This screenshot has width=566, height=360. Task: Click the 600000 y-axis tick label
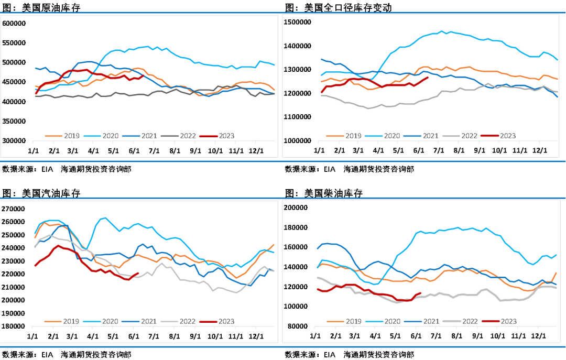pyautogui.click(x=14, y=24)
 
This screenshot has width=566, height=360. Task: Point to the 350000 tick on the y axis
pyautogui.click(x=14, y=121)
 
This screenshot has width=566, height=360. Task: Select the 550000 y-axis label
pyautogui.click(x=14, y=43)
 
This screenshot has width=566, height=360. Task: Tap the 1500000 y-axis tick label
pyautogui.click(x=298, y=22)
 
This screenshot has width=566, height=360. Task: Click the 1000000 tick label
pyautogui.click(x=298, y=141)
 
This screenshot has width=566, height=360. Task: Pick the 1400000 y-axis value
pyautogui.click(x=298, y=46)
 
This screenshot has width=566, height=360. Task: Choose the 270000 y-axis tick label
pyautogui.click(x=14, y=209)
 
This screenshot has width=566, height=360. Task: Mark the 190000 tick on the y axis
pyautogui.click(x=14, y=313)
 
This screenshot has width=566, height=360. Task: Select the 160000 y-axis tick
pyautogui.click(x=298, y=247)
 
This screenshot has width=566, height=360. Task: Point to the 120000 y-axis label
pyautogui.click(x=298, y=287)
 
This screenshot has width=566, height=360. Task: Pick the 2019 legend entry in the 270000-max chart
pyautogui.click(x=64, y=321)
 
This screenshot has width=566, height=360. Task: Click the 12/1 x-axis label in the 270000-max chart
pyautogui.click(x=256, y=335)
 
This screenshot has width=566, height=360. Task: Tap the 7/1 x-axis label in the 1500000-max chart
pyautogui.click(x=440, y=150)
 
